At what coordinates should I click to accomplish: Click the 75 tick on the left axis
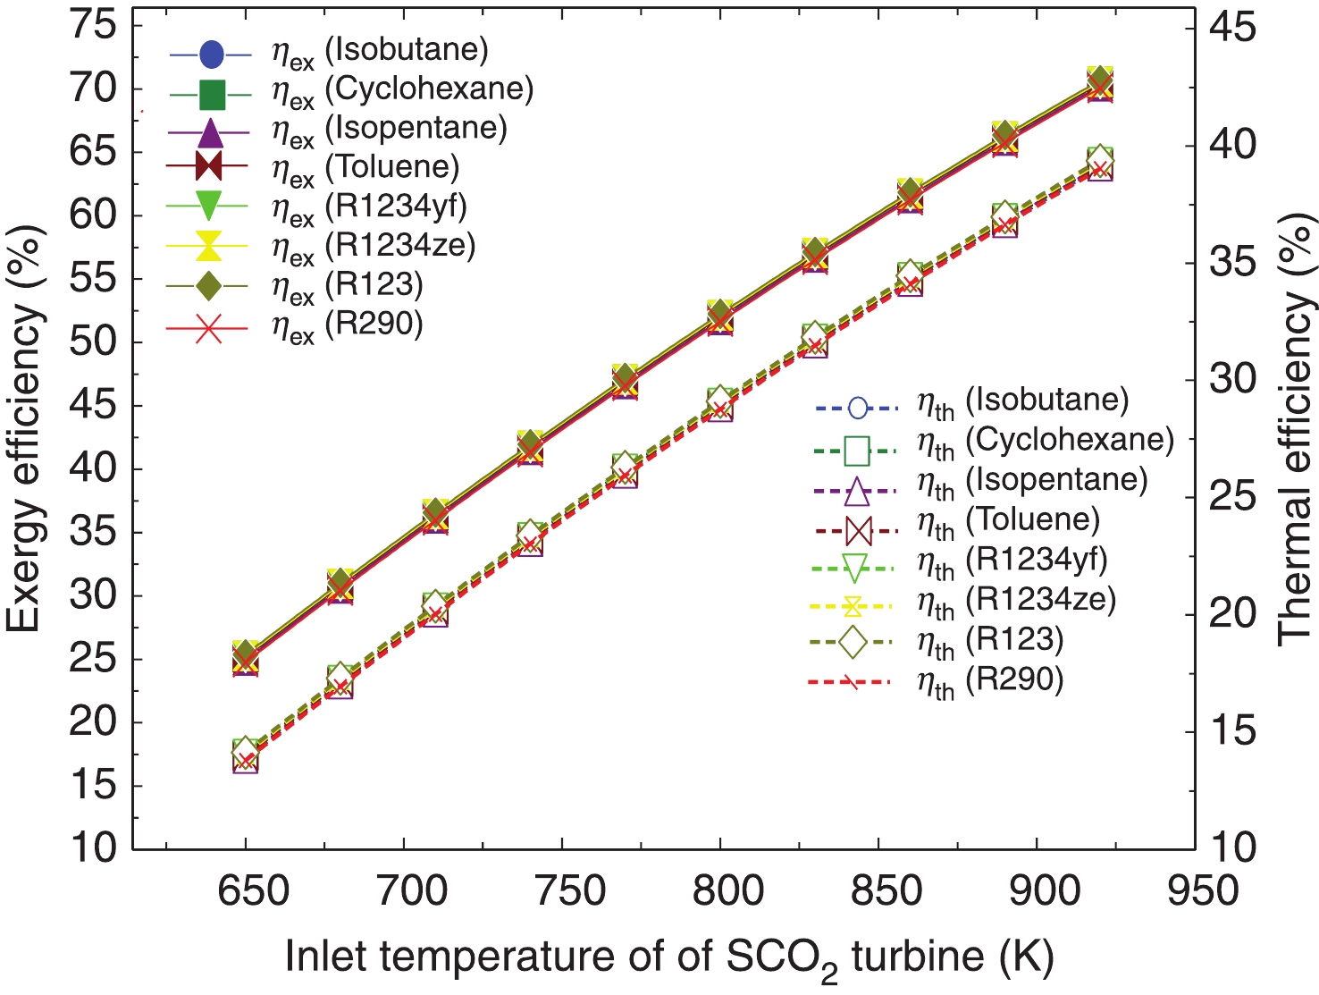(93, 26)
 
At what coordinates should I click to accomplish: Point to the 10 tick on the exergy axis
(93, 847)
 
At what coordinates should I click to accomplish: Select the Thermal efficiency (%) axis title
(1297, 429)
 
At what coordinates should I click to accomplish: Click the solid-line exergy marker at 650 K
(246, 658)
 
